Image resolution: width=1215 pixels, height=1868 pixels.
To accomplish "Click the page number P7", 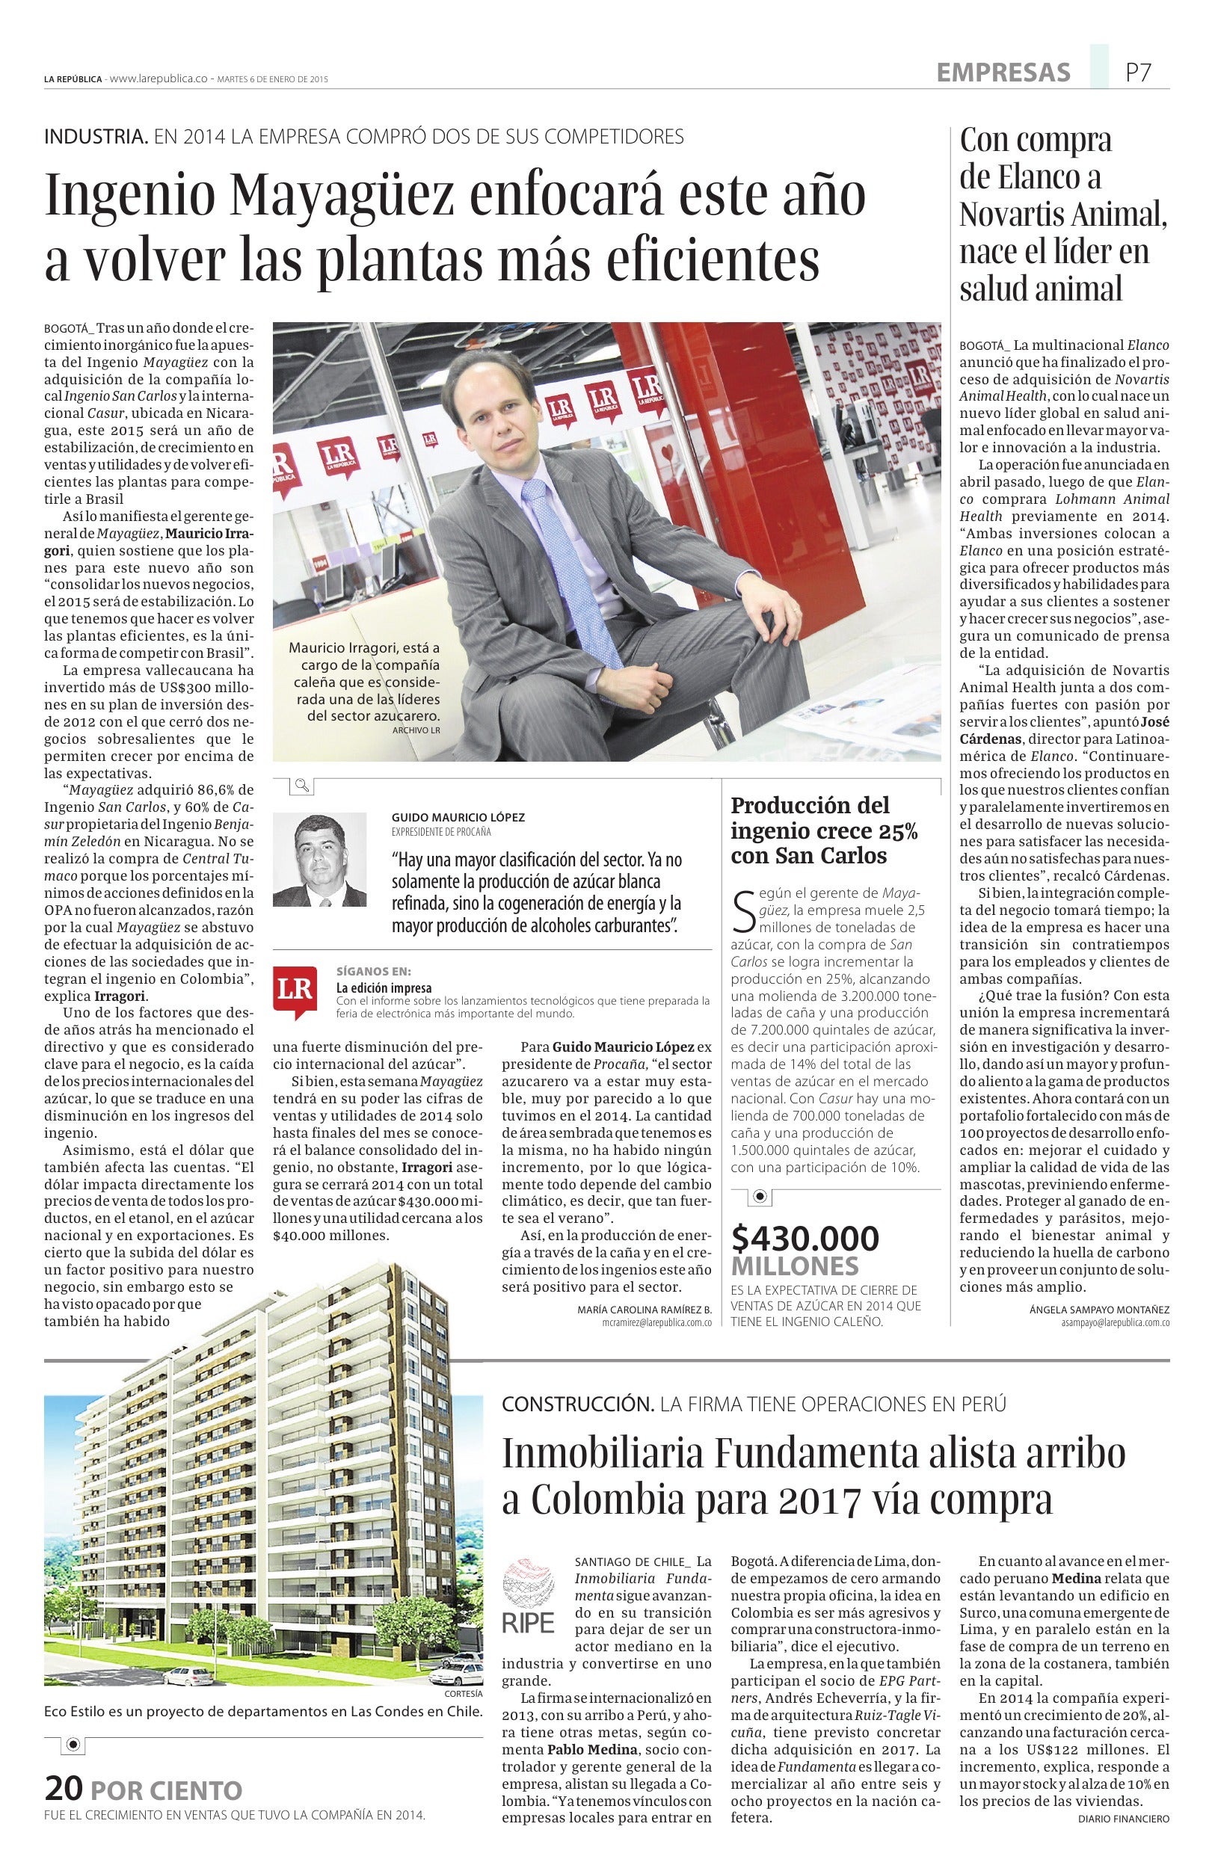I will (1138, 73).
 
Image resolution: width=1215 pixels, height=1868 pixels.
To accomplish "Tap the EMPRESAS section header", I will (1003, 73).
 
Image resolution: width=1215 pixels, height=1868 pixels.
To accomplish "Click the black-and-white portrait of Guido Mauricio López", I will (319, 860).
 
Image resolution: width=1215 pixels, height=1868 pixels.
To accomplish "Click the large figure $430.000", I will (805, 1239).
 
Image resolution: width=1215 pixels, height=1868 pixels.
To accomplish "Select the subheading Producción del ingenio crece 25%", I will (824, 829).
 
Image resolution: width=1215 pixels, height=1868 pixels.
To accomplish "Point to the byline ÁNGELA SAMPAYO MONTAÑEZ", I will (1099, 1309).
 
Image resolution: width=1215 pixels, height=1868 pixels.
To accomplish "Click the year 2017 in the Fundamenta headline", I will (820, 1500).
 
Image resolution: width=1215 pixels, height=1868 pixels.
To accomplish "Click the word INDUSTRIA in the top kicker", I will (96, 137).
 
